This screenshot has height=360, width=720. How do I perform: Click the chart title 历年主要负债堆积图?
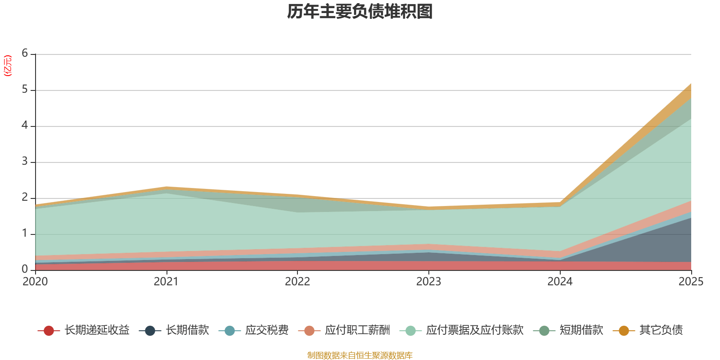click(360, 12)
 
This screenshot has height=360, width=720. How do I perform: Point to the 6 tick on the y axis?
click(25, 54)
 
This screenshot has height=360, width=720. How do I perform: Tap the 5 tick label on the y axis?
click(25, 90)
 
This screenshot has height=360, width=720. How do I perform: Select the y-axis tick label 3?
click(25, 162)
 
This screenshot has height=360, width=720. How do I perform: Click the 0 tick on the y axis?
click(25, 269)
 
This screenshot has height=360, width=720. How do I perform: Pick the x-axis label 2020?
click(35, 282)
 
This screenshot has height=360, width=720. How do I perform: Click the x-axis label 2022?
click(297, 282)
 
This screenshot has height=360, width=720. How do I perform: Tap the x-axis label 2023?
click(428, 282)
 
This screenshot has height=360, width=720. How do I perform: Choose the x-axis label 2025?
click(691, 282)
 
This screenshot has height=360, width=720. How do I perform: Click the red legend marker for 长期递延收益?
click(49, 331)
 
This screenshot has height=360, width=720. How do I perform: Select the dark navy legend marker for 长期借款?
click(150, 331)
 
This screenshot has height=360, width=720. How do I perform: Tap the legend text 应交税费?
click(267, 330)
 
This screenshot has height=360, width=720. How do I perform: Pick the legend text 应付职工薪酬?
click(357, 330)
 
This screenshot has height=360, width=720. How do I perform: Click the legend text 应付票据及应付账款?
click(475, 330)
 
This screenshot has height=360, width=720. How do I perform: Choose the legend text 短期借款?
click(581, 330)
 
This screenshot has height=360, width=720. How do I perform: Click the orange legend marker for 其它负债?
click(624, 331)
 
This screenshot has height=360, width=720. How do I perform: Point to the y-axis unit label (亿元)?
click(8, 66)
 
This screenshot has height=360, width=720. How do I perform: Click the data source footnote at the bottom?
click(360, 355)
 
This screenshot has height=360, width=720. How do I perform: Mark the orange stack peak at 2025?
click(691, 84)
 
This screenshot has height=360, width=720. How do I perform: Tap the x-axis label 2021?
click(166, 282)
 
